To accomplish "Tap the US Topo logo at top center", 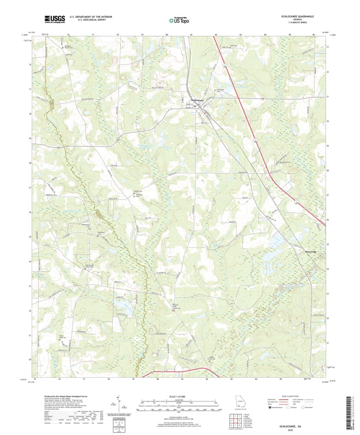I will point(180,19).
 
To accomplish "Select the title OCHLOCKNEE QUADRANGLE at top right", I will point(296,16).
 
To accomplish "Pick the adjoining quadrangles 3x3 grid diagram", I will point(232,420).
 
